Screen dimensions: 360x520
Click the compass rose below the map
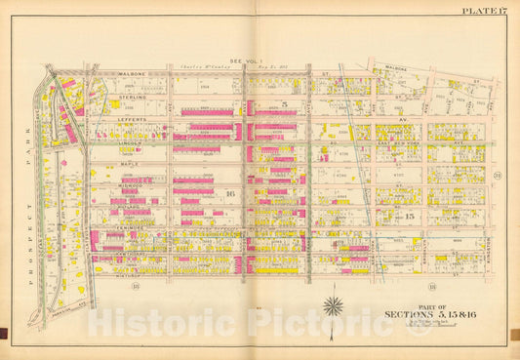334,305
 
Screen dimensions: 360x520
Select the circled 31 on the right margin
498,176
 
